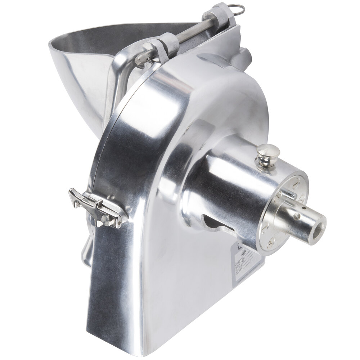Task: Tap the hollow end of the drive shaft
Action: click(x=317, y=228)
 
